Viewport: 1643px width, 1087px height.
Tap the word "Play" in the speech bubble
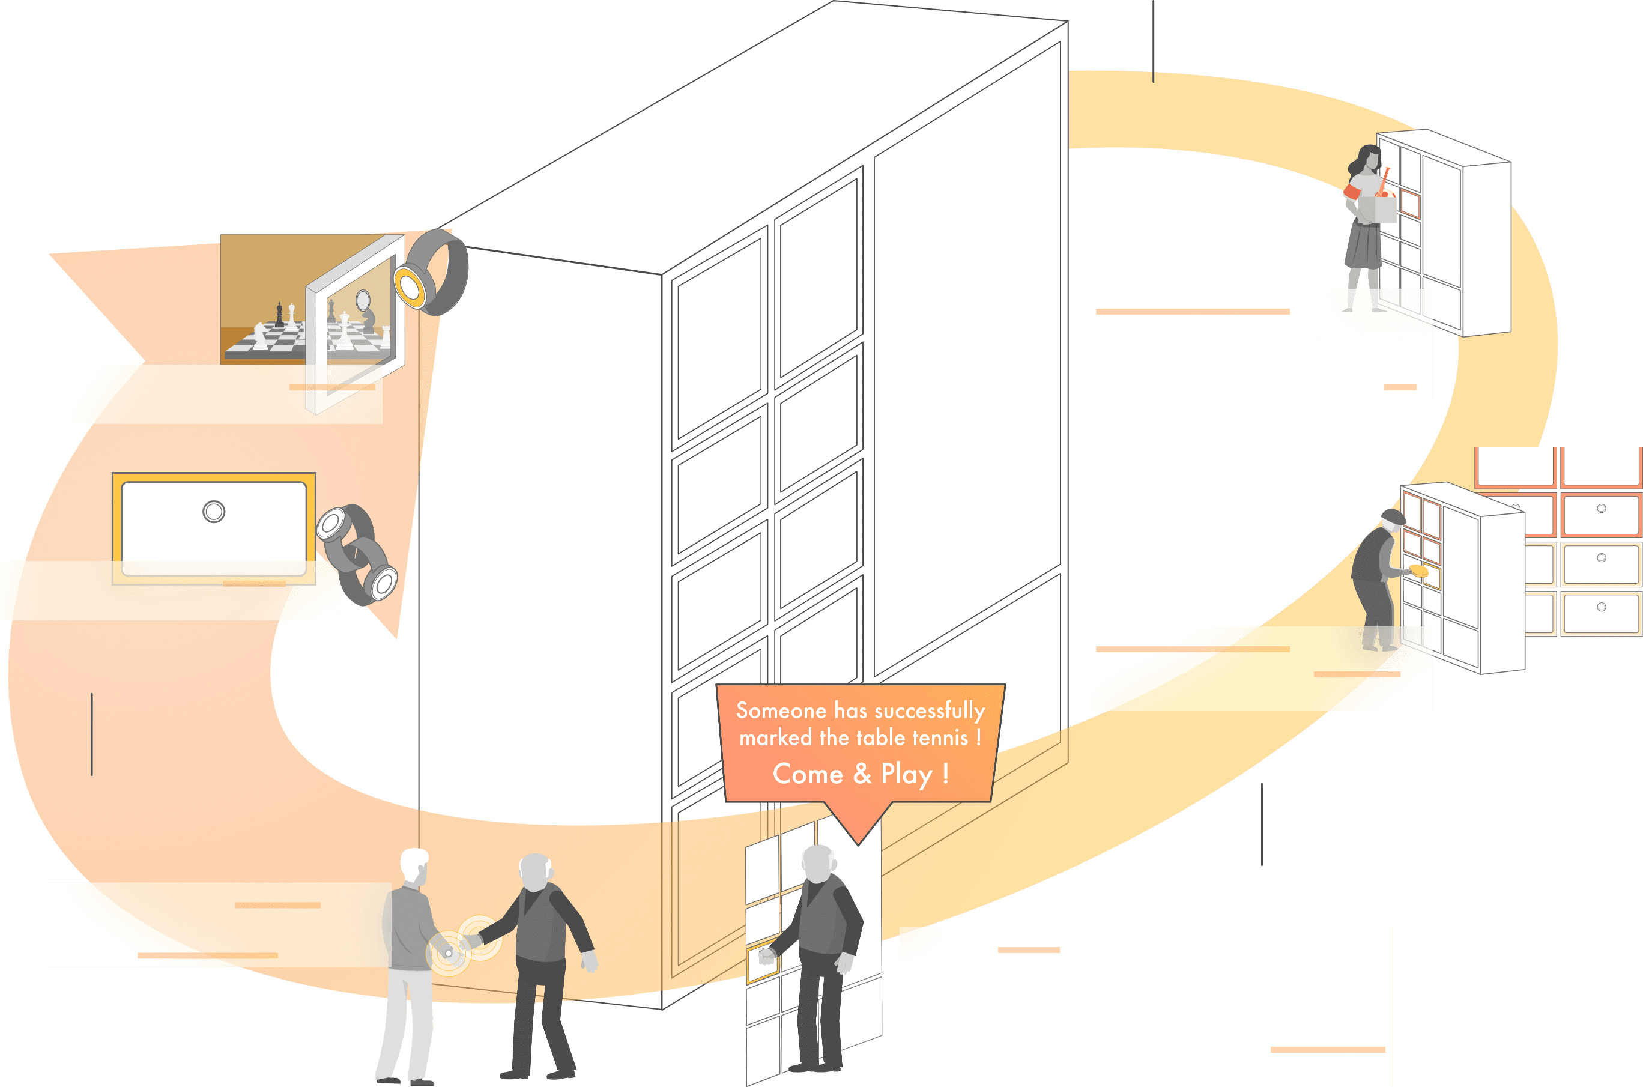[906, 774]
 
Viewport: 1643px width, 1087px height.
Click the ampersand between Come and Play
[862, 774]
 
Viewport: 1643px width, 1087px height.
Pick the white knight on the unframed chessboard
[259, 336]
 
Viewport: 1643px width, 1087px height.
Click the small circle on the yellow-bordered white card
[214, 512]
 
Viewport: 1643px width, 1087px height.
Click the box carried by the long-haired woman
[1377, 210]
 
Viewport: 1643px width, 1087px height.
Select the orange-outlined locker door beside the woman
[1409, 203]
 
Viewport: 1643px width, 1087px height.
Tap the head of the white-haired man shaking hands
[414, 864]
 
